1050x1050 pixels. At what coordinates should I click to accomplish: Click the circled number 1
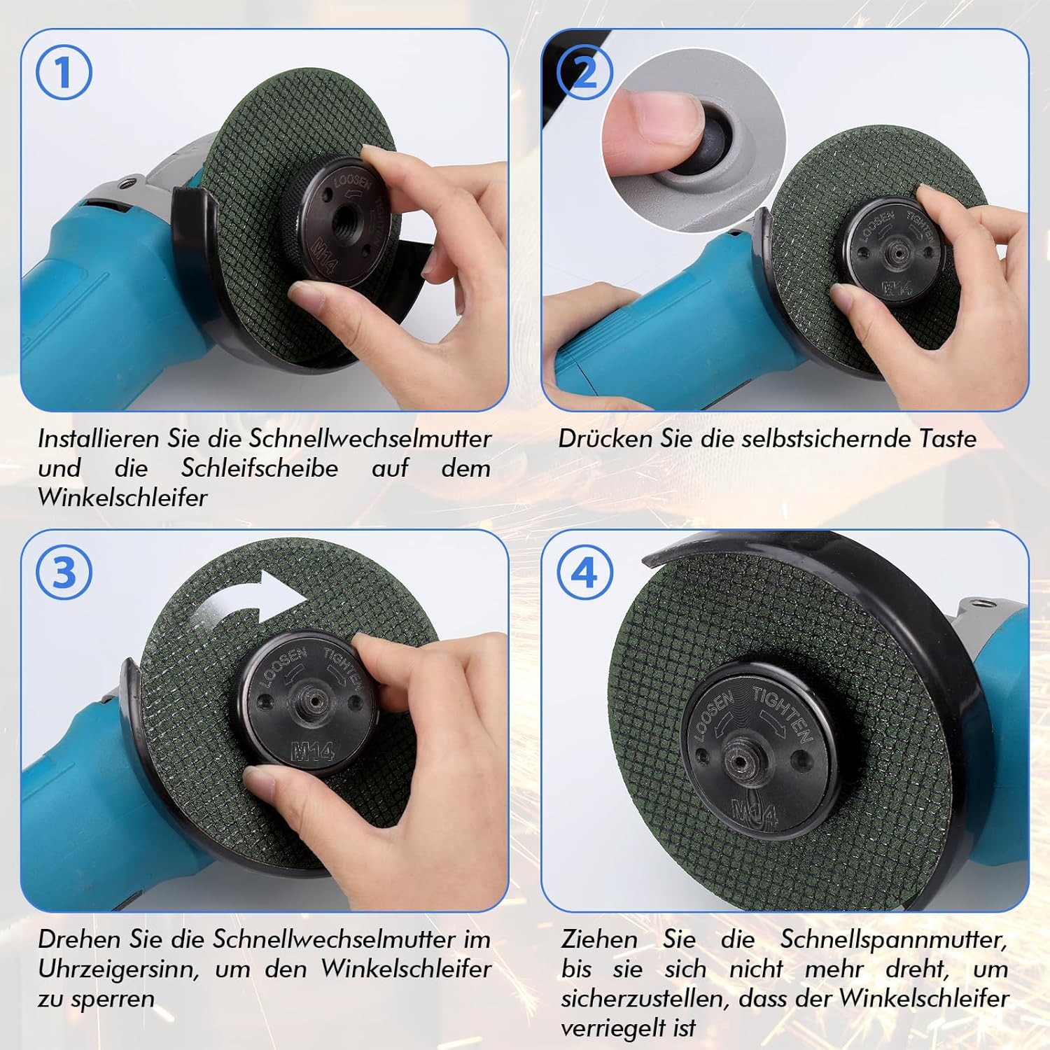64,71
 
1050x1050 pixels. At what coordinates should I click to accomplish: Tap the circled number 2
584,71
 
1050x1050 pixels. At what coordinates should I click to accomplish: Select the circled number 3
64,573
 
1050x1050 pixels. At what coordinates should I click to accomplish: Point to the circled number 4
584,573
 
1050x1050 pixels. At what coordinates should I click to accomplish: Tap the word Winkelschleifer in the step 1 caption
122,498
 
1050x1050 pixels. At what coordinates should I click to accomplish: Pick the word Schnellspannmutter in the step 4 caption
894,939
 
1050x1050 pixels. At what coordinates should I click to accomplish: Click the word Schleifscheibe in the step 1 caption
260,468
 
